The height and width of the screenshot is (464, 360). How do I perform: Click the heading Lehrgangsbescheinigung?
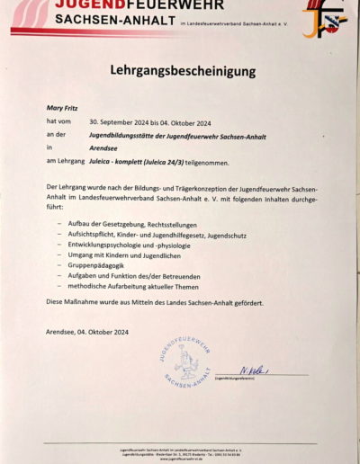click(183, 69)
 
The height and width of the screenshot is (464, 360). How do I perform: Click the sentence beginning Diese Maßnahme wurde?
click(155, 303)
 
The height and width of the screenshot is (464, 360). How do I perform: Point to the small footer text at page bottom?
click(181, 450)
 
